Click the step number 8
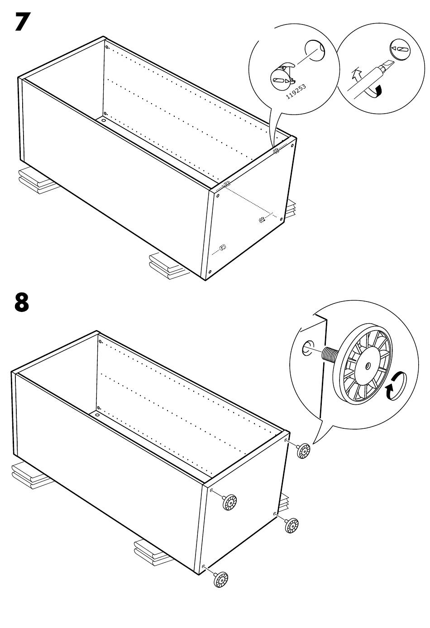(x=22, y=302)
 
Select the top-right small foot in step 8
(x=303, y=451)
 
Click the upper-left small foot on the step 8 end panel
(x=230, y=502)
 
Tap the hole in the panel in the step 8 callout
(x=307, y=348)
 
